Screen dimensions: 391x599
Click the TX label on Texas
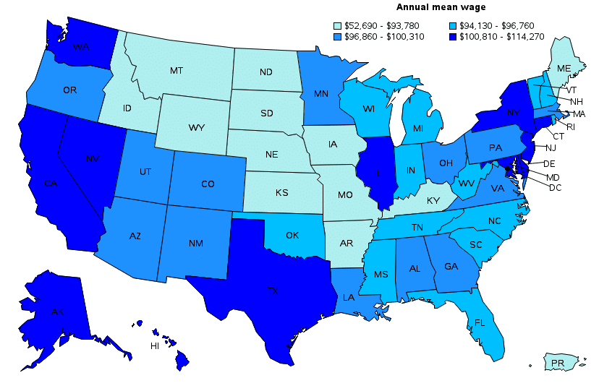pos(273,291)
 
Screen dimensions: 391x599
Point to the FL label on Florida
pos(479,322)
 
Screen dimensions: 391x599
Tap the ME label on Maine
pos(564,68)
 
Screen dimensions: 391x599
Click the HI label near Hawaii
pos(155,346)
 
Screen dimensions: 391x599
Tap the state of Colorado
pos(208,184)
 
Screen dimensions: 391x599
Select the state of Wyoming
pos(196,127)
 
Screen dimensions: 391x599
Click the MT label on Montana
pos(176,71)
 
